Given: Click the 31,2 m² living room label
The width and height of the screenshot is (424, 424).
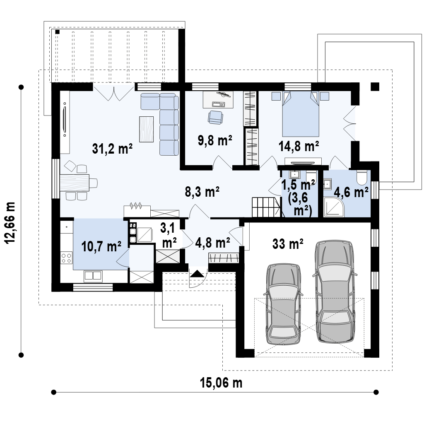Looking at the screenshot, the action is [112, 149].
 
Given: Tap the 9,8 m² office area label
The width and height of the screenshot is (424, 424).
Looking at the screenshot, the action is [215, 140].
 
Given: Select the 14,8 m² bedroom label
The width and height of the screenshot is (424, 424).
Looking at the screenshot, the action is [299, 146].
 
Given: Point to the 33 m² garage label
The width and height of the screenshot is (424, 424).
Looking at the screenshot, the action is [288, 243].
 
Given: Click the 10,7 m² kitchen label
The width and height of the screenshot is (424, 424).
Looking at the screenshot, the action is [101, 246].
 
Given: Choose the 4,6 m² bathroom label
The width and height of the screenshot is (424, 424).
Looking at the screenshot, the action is [351, 192].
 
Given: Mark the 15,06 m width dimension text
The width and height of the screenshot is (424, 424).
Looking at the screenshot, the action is [221, 383].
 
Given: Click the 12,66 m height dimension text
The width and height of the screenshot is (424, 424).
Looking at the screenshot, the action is [11, 222].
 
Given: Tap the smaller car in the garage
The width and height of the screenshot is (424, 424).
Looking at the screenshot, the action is [283, 304].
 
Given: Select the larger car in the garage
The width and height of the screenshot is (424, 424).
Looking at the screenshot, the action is [335, 291].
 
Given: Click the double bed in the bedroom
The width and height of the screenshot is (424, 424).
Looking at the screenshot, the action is [301, 114].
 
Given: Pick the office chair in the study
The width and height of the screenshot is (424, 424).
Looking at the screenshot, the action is [215, 118].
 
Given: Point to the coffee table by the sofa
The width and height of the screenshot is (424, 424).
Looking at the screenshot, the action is [146, 129].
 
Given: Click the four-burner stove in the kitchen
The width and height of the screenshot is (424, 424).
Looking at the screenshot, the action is [67, 258].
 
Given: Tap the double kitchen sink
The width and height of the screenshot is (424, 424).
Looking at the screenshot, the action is [93, 275].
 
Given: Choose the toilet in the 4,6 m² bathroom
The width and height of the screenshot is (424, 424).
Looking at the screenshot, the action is [361, 176].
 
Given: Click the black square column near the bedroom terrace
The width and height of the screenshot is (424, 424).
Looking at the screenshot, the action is [375, 87].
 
